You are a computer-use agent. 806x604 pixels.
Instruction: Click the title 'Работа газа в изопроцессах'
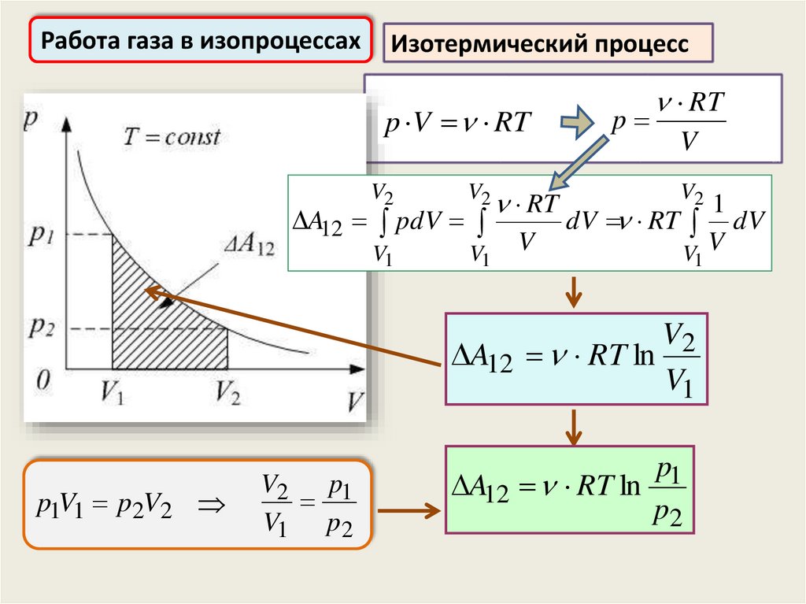pos(201,40)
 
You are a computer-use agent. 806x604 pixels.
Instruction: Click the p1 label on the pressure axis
pos(42,234)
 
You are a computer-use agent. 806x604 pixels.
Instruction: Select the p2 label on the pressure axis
pos(42,327)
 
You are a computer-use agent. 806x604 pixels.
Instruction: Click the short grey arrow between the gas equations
pos(579,121)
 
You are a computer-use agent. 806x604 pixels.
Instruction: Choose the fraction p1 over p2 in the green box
pos(667,494)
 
